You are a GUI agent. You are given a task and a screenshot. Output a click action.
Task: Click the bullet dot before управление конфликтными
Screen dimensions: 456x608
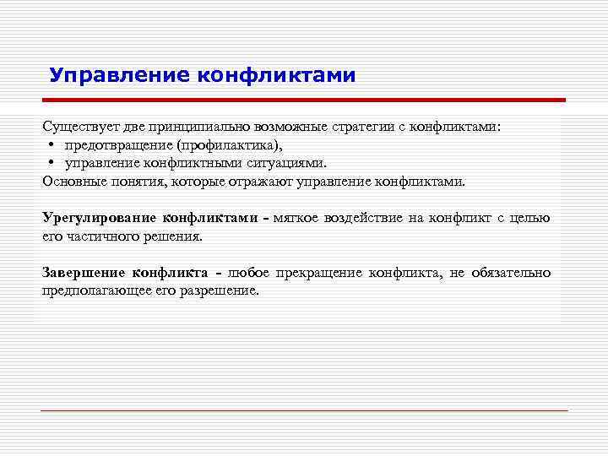tap(52, 164)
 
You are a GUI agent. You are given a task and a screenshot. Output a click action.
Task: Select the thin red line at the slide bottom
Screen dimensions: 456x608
tap(303, 410)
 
